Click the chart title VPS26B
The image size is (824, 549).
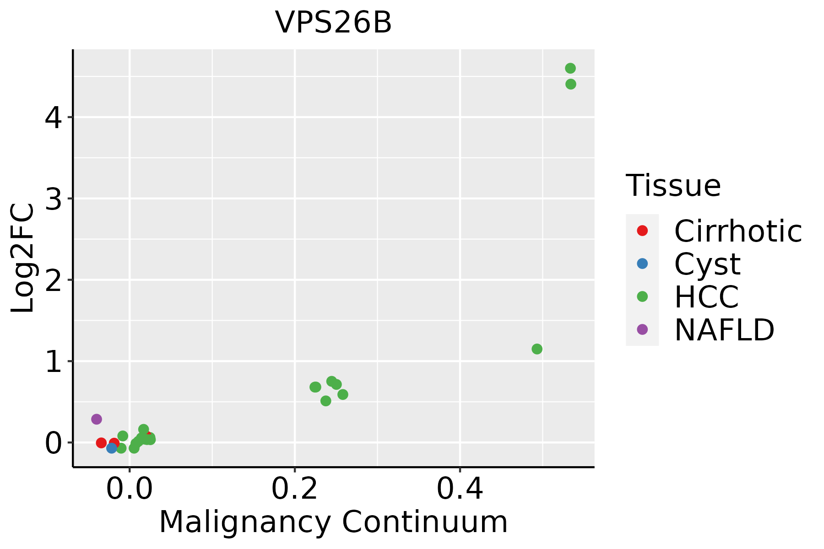click(x=333, y=22)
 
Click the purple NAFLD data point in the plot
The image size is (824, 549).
click(x=97, y=419)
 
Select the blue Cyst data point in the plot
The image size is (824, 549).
click(x=112, y=448)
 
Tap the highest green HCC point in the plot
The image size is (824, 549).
click(x=570, y=69)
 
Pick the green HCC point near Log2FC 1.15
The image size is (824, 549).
click(x=537, y=349)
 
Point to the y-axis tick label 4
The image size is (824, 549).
click(x=53, y=118)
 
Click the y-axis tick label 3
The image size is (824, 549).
click(x=53, y=199)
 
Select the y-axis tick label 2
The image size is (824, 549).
click(x=53, y=280)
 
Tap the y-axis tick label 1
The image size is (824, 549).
click(x=53, y=361)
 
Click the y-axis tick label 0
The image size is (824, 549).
click(x=53, y=443)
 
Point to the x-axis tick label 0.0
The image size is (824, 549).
click(x=130, y=489)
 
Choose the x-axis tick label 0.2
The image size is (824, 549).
click(x=295, y=489)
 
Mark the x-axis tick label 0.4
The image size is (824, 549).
click(x=460, y=489)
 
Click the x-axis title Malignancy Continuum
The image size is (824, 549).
click(x=333, y=522)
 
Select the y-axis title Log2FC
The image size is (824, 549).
click(x=23, y=258)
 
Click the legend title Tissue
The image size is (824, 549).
click(x=673, y=186)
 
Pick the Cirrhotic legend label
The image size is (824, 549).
click(x=738, y=231)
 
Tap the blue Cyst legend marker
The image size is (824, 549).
click(x=642, y=264)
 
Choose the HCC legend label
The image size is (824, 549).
click(x=706, y=297)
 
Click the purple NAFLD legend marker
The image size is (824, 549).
click(x=642, y=329)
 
